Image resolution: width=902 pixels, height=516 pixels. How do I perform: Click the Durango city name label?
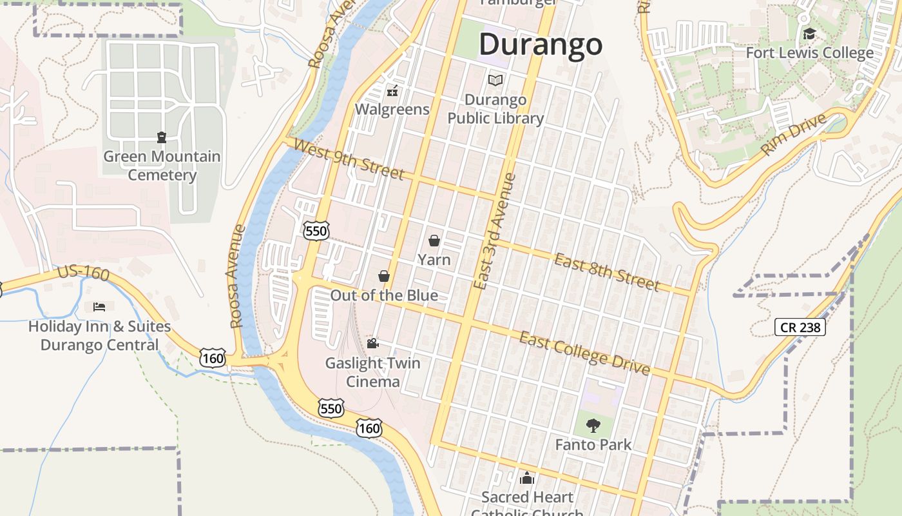541,44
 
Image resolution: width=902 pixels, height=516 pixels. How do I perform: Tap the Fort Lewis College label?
809,52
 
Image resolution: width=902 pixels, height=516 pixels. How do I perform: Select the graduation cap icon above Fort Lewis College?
809,34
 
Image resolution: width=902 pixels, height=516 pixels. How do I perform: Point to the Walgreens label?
392,109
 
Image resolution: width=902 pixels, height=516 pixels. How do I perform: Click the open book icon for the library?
495,80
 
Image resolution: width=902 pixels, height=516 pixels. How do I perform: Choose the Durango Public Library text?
495,109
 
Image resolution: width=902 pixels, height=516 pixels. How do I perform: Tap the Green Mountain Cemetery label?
162,166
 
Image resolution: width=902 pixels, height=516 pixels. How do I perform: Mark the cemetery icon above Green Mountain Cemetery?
161,137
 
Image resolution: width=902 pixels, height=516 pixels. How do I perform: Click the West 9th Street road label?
349,159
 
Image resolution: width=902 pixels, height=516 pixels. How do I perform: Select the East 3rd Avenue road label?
495,230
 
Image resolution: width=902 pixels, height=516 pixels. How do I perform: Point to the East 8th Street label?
607,272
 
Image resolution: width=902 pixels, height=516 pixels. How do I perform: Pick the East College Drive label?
584,353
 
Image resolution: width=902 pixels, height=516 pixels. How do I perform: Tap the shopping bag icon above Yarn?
434,241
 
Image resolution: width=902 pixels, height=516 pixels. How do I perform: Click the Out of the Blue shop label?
384,295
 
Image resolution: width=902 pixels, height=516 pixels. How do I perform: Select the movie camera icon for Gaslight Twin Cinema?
372,343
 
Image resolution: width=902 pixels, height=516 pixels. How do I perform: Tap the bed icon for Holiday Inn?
99,306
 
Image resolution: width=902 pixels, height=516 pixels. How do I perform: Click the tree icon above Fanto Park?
593,425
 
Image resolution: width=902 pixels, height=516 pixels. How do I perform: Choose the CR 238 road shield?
800,327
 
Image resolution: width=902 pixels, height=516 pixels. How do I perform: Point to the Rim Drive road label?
793,135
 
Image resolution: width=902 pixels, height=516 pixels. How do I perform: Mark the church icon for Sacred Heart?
527,478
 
